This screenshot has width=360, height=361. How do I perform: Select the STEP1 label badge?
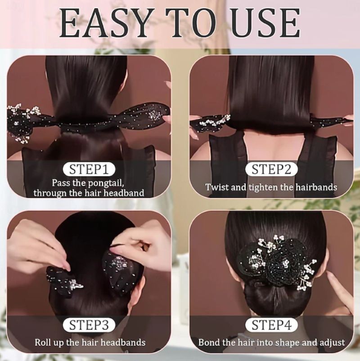(89, 169)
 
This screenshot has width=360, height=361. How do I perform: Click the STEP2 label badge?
(271, 169)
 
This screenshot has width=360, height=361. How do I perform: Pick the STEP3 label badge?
(89, 325)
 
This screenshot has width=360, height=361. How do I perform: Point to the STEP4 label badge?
(271, 325)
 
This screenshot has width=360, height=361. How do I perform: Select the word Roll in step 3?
(43, 343)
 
